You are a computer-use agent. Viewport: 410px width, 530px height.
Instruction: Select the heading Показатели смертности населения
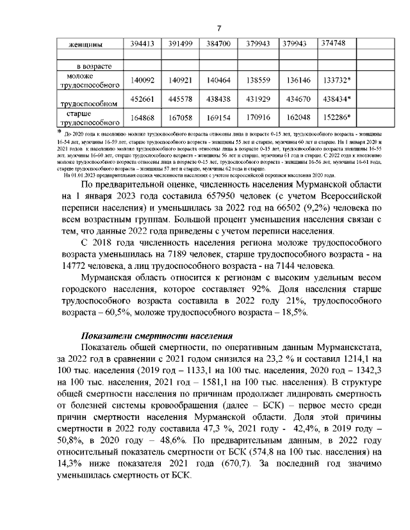pyautogui.click(x=157, y=337)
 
